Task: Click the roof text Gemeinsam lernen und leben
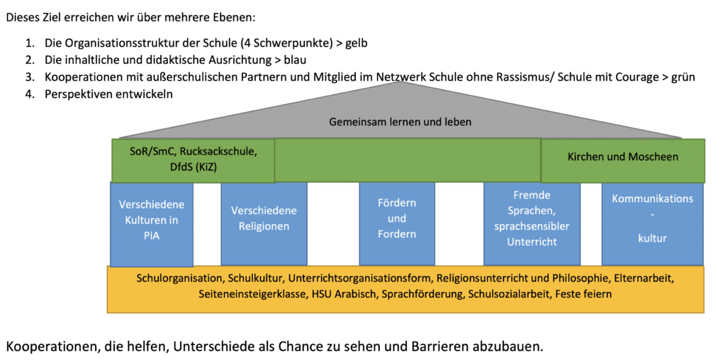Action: click(400, 123)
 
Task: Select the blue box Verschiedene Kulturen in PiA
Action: click(152, 225)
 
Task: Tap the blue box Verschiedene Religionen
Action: click(264, 224)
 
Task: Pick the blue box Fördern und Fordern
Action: click(397, 224)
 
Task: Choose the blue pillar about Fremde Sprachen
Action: click(532, 224)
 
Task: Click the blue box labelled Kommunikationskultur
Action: click(652, 224)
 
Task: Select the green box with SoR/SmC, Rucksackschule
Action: click(193, 160)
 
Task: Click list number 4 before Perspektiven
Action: click(30, 94)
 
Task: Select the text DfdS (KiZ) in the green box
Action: click(194, 167)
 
